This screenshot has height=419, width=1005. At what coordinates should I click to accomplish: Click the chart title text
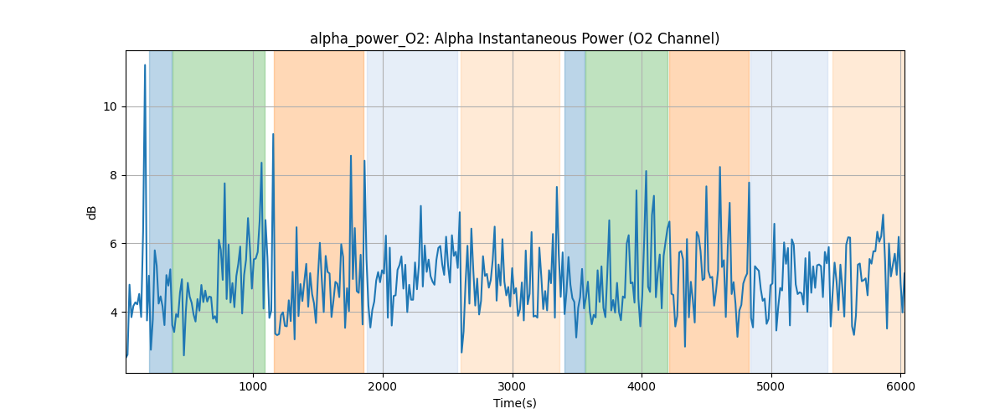tap(514, 39)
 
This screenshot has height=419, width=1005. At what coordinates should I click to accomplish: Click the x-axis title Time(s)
tap(514, 403)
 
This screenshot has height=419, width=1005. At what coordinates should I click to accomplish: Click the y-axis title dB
tap(92, 212)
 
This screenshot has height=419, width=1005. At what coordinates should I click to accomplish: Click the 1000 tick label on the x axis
tap(253, 387)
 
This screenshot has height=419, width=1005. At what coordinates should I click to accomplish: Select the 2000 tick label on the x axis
tap(383, 387)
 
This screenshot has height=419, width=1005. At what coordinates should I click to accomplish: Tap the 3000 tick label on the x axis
tap(513, 387)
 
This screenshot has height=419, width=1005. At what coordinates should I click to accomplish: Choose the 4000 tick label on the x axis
tap(642, 387)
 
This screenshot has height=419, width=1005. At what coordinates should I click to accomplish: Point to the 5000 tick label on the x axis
tap(771, 387)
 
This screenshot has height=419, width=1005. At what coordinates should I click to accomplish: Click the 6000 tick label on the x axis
tap(900, 387)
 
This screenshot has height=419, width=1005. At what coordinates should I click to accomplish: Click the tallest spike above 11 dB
tap(145, 65)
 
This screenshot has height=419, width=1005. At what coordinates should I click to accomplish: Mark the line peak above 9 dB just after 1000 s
tap(273, 134)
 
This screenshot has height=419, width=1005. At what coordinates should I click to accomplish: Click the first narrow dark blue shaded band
tap(161, 209)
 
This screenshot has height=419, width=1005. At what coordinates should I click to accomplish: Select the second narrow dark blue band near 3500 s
tap(575, 209)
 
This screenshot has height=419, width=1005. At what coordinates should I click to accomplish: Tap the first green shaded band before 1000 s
tap(219, 209)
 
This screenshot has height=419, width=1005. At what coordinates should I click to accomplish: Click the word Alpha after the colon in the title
tap(453, 39)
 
